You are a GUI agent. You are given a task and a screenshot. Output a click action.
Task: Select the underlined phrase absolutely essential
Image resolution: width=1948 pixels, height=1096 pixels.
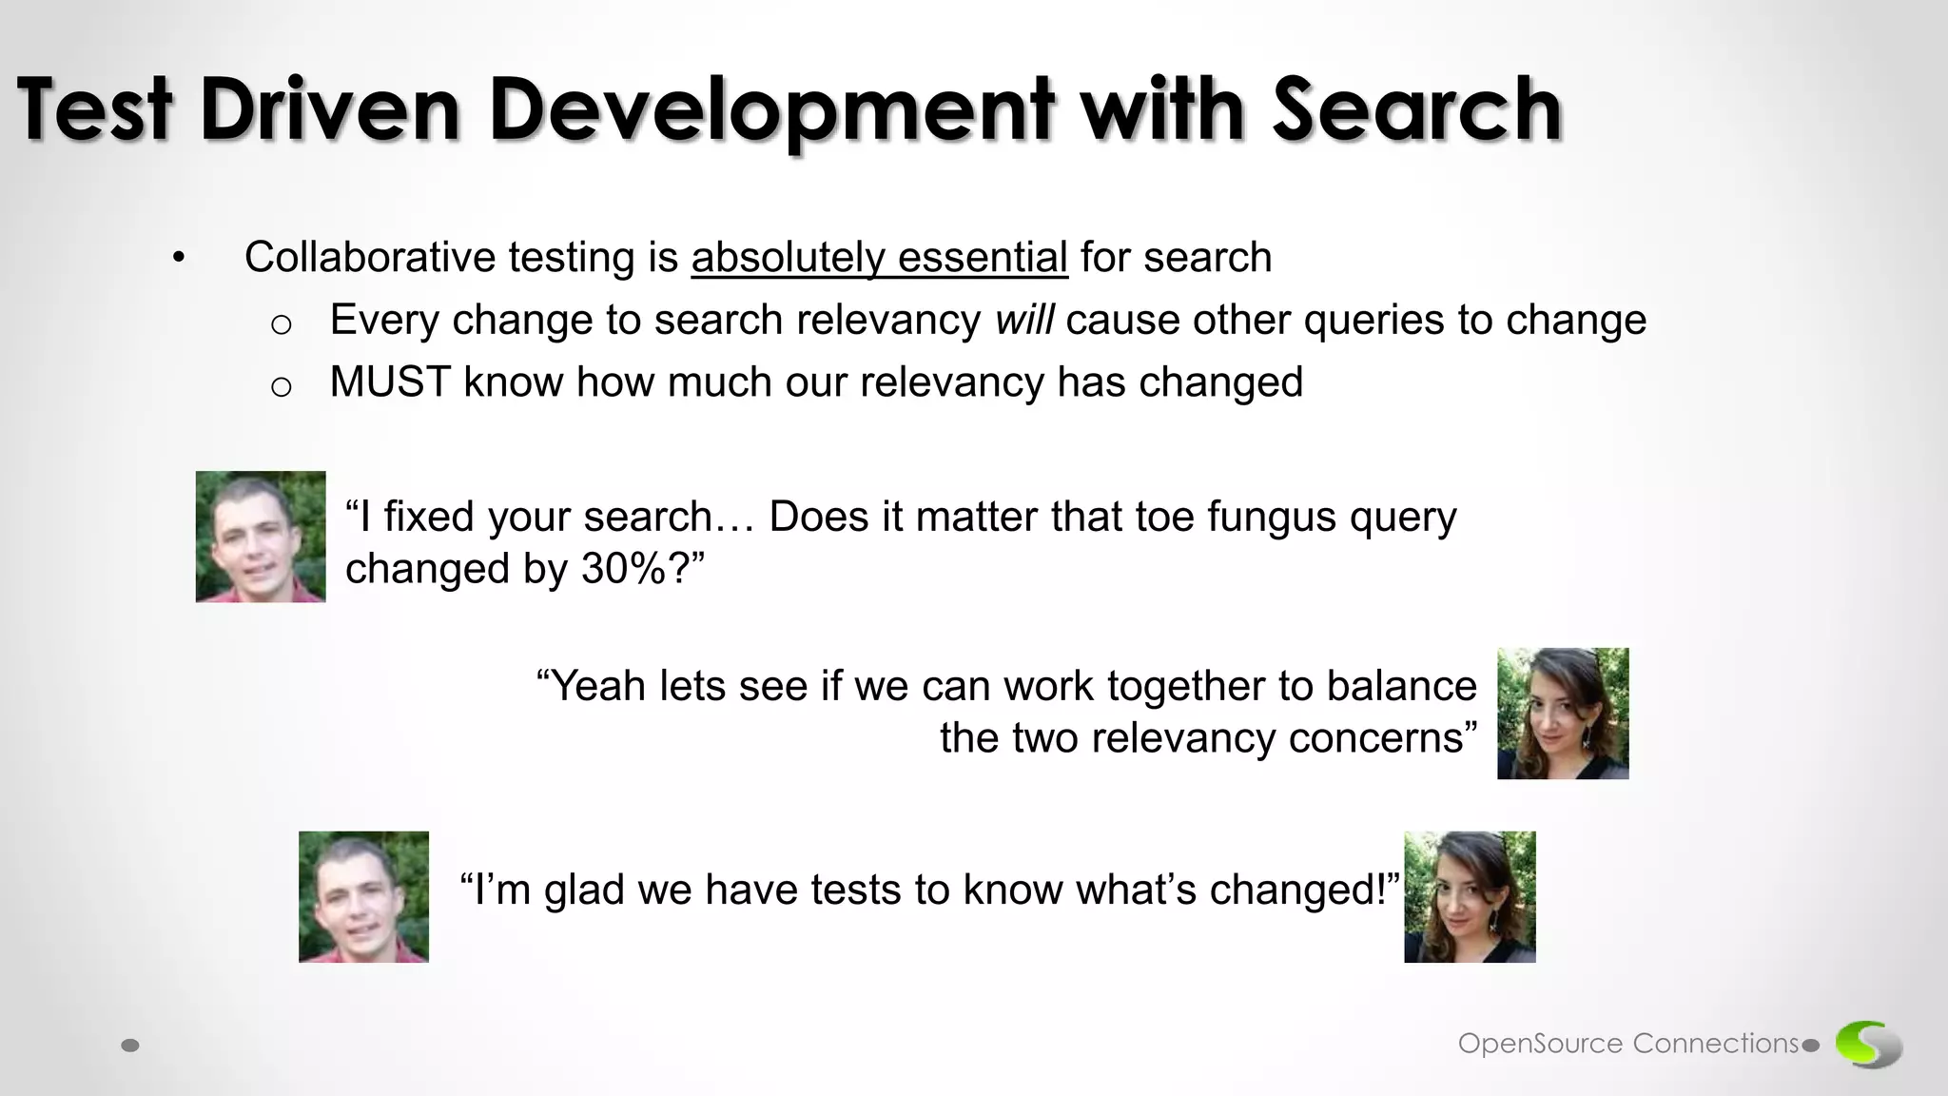coord(879,258)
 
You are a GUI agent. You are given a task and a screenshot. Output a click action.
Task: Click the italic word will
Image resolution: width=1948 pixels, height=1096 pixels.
coord(1023,320)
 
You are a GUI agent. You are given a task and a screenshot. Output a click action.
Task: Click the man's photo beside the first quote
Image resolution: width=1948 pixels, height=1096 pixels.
coord(261,537)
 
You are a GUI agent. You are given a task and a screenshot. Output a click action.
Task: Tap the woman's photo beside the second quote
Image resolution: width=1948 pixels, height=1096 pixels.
coord(1563,714)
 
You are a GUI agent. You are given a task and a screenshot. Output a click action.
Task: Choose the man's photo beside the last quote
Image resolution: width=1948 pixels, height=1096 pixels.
coord(363,896)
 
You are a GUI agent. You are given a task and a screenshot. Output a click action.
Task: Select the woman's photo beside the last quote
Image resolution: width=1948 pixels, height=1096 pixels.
coord(1470,896)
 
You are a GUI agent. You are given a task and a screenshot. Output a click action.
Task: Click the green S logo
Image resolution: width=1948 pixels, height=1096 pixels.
coord(1868,1044)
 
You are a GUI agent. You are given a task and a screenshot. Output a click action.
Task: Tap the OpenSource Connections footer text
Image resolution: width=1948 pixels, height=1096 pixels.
coord(1628,1044)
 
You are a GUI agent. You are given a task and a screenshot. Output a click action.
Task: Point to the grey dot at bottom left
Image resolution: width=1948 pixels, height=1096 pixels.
coord(131,1046)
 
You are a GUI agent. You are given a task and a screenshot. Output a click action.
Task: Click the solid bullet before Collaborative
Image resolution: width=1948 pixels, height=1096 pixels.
coord(179,259)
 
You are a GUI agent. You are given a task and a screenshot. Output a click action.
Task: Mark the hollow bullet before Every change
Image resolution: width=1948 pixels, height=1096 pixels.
coord(281,324)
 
